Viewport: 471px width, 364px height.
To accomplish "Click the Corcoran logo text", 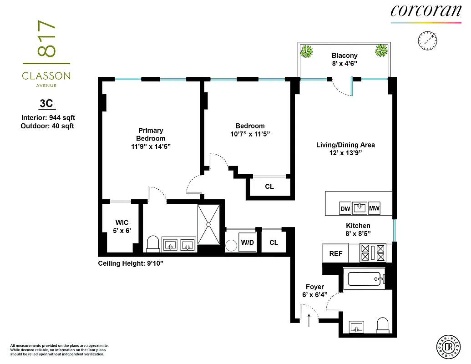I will coord(425,11).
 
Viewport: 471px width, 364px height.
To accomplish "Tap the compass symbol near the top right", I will coord(427,40).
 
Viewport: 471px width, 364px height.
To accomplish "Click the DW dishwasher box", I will coord(345,208).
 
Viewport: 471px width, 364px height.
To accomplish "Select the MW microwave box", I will coord(374,208).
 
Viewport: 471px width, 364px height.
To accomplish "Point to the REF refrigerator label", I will coord(335,254).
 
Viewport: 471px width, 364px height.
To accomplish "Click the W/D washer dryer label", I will coord(248,243).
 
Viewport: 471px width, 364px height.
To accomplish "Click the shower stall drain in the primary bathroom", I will coord(208,224).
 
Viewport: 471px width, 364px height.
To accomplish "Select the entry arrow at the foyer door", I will coord(309,320).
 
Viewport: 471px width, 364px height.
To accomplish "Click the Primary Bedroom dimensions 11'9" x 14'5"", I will coord(151,146).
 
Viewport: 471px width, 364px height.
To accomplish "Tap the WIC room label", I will coord(122,222).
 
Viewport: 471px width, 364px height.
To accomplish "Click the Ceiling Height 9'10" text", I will coord(131,263).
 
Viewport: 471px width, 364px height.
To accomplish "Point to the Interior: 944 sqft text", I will coord(48,118).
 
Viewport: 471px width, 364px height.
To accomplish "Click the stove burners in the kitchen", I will coord(365,253).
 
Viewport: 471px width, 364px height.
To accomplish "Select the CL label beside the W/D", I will coord(273,243).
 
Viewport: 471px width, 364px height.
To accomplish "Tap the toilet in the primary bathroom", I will coord(152,243).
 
